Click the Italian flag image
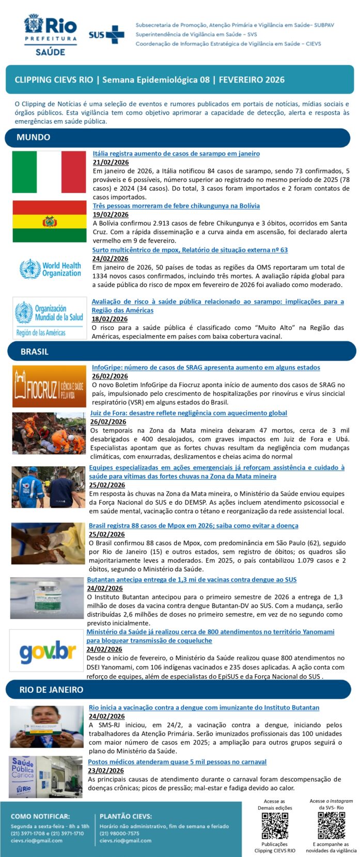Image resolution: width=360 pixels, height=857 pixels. (x=49, y=172)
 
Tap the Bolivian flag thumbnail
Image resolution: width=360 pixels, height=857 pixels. (x=50, y=221)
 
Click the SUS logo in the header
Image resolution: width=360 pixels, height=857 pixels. (x=106, y=35)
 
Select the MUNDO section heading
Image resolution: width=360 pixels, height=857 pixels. (x=34, y=137)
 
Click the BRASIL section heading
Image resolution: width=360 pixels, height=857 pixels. (x=35, y=352)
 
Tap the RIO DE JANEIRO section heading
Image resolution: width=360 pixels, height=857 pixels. (x=51, y=690)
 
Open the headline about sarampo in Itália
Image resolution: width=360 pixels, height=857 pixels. (x=176, y=153)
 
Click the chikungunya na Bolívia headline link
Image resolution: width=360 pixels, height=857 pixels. (x=176, y=205)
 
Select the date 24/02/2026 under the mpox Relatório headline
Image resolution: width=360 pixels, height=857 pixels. (x=110, y=259)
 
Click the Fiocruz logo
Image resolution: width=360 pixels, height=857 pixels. (x=49, y=386)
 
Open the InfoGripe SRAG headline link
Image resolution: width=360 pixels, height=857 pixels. (x=206, y=368)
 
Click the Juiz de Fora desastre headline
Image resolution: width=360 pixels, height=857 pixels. (x=189, y=413)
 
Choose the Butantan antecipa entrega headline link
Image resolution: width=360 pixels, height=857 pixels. (x=192, y=580)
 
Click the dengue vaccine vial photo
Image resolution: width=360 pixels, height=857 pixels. (x=47, y=598)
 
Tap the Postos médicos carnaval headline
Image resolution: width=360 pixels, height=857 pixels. (x=177, y=761)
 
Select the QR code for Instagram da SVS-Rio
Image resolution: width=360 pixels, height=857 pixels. (x=331, y=825)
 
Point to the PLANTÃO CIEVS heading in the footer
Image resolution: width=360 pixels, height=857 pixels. (x=126, y=816)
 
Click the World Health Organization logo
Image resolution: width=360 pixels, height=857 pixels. (x=50, y=269)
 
